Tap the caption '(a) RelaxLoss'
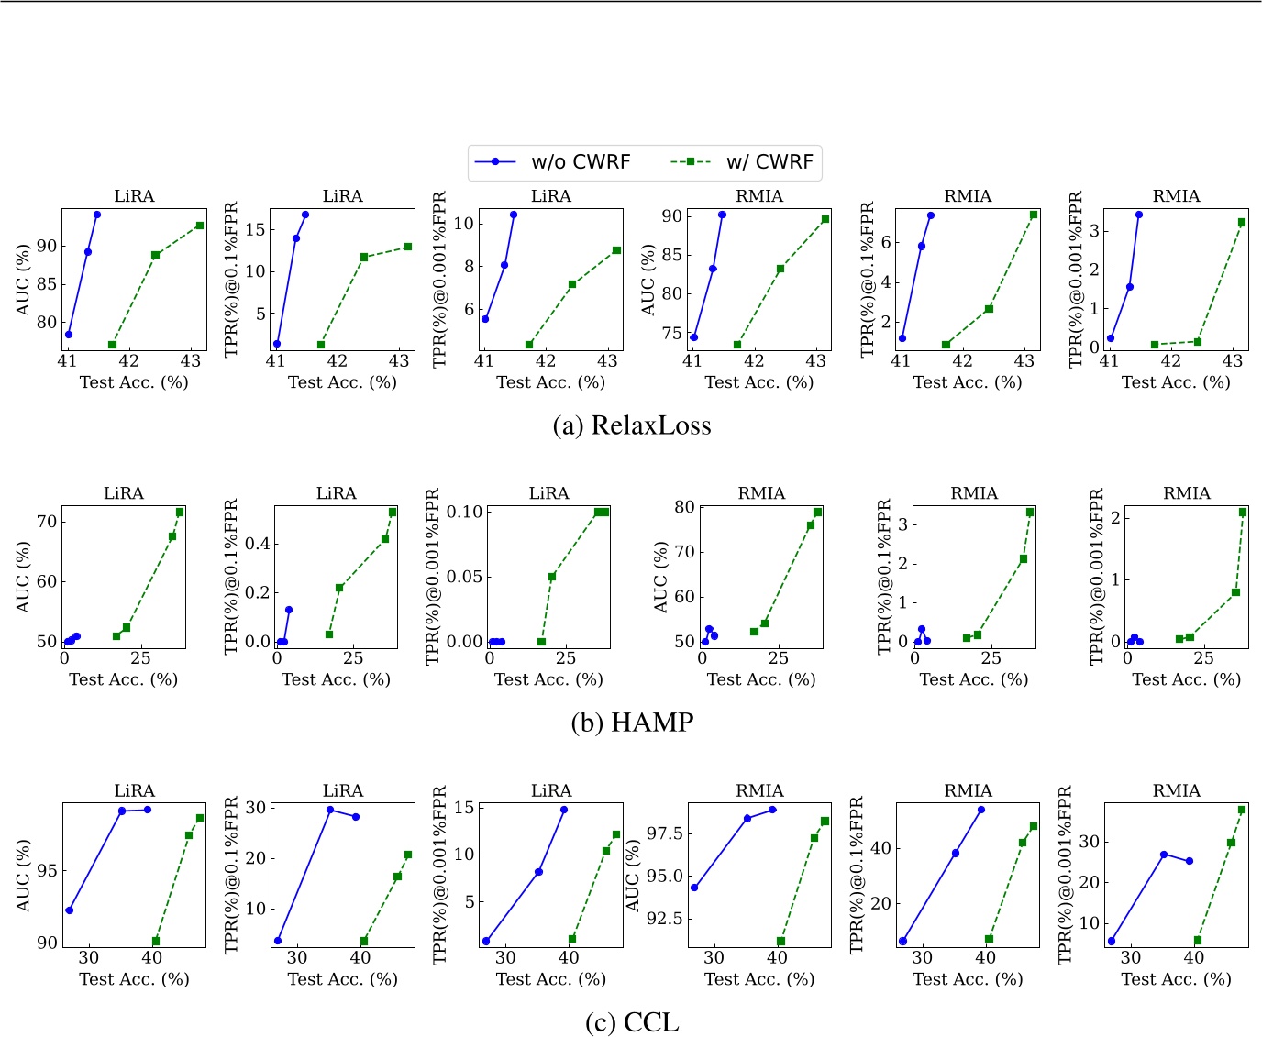point(632,425)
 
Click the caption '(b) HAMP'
point(632,723)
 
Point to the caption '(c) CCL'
point(632,1021)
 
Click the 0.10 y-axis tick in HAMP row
point(464,512)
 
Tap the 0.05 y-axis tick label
point(464,577)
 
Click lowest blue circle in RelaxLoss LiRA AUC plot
point(69,335)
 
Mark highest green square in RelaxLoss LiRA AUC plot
point(200,226)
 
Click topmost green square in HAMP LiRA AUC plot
point(180,512)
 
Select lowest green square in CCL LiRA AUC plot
point(156,941)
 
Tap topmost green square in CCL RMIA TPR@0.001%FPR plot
point(1242,810)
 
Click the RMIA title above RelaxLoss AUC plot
point(758,196)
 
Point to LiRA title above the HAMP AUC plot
point(123,493)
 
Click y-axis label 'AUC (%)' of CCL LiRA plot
point(23,875)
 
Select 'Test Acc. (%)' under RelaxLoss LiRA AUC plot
point(134,382)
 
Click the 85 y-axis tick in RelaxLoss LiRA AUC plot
point(46,284)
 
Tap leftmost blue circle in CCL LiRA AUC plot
point(70,910)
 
